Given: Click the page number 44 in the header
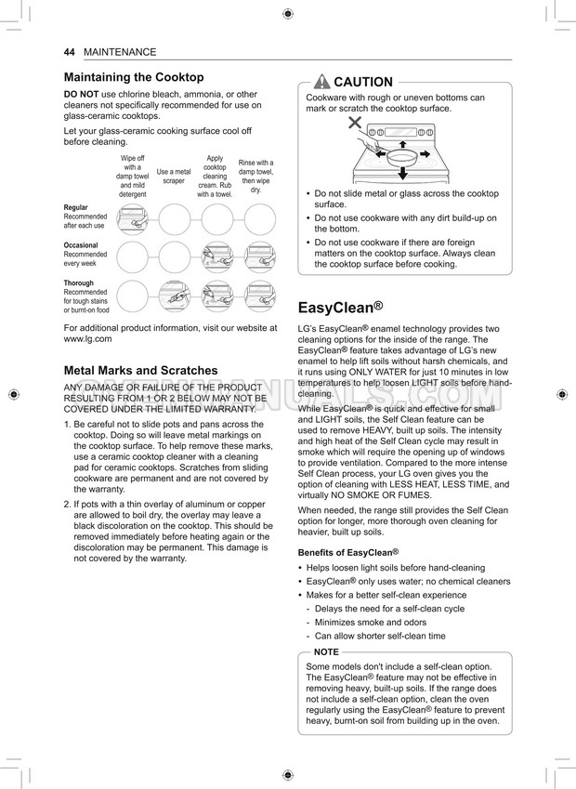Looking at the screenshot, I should [x=70, y=52].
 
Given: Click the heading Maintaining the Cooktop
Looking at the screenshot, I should [x=134, y=77].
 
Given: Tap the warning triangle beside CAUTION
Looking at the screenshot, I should [x=322, y=82].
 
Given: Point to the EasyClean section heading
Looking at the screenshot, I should [x=340, y=308].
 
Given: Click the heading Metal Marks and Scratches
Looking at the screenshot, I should [x=140, y=370].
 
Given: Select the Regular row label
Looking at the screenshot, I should [x=76, y=207].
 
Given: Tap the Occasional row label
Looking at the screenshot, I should [x=81, y=245].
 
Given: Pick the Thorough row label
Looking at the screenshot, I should [x=79, y=283].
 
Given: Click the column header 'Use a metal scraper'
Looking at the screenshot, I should [x=174, y=176].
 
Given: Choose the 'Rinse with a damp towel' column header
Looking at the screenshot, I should [x=255, y=176].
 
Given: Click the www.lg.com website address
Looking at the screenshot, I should [x=87, y=339].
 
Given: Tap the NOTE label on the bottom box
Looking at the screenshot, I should [x=326, y=652].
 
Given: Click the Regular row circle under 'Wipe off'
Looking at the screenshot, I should [x=132, y=220].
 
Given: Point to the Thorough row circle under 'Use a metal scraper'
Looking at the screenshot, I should [x=174, y=296].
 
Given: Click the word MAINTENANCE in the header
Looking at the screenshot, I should [x=120, y=52].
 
